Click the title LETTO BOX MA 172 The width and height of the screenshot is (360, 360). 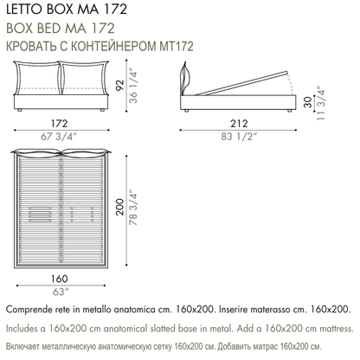coord(67,10)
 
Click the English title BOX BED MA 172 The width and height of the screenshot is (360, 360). coord(61,28)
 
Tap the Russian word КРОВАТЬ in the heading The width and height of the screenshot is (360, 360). coord(31,46)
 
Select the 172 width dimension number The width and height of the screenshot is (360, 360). coord(60,123)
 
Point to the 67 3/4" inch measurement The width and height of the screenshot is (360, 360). coord(59,137)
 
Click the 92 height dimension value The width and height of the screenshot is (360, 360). coord(120,85)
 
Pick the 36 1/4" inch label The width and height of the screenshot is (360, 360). coord(133,86)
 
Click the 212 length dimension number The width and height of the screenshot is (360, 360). coord(239,123)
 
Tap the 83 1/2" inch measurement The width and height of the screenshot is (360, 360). coord(239,137)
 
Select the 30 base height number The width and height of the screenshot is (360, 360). coord(308,102)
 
